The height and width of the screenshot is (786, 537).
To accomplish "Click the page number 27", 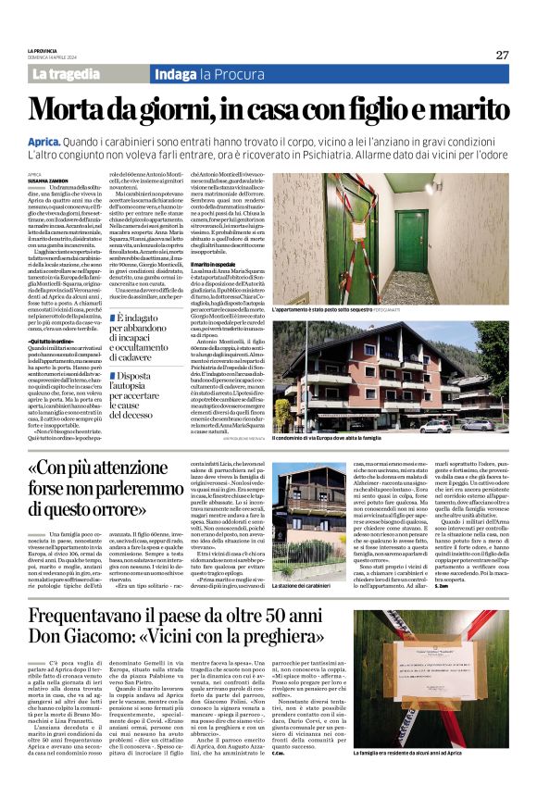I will [501, 55].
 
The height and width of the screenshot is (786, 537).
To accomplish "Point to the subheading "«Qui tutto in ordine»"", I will [50, 341].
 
